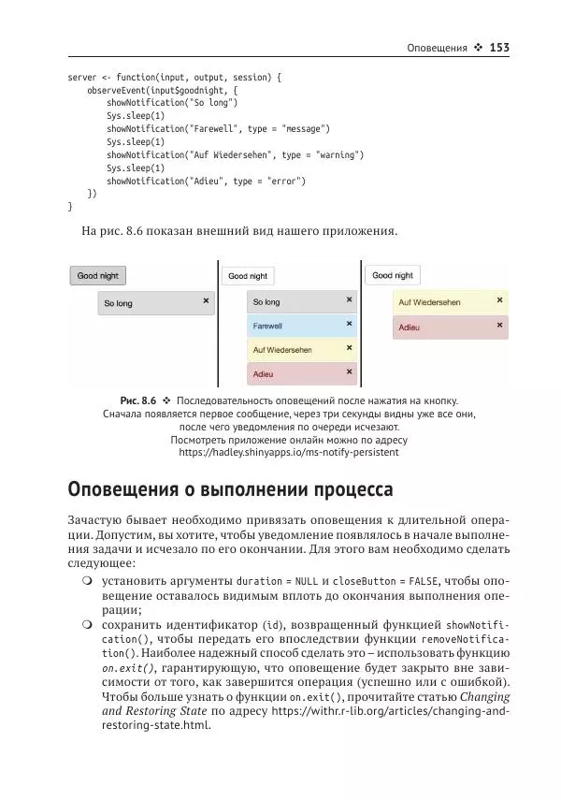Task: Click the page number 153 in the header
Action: pos(498,48)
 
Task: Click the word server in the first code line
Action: pos(81,78)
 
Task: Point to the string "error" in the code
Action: pos(286,181)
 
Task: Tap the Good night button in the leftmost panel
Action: pos(99,276)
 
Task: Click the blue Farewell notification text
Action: pos(267,327)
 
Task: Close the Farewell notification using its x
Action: pos(350,324)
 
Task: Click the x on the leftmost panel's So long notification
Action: pos(206,301)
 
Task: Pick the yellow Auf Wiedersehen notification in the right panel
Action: pos(429,303)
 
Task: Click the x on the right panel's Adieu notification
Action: pos(500,326)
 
